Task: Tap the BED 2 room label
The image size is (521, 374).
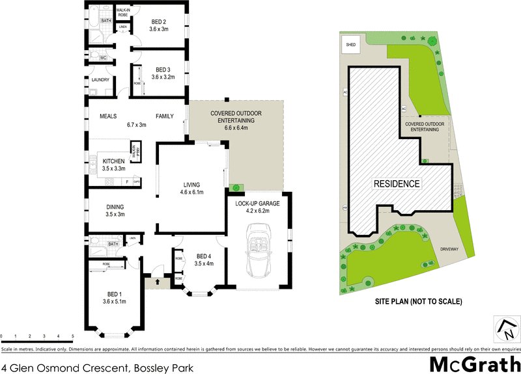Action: (x=159, y=21)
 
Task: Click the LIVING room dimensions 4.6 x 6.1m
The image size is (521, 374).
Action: (x=191, y=193)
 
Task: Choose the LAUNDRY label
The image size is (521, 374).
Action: (x=100, y=80)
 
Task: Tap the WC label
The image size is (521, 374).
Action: (x=102, y=58)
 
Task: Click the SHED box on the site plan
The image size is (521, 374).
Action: (x=351, y=44)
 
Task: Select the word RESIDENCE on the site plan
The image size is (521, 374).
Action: (x=396, y=183)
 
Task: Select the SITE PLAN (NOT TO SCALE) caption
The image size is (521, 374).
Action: (x=418, y=302)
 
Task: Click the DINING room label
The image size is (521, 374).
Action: (x=115, y=207)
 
